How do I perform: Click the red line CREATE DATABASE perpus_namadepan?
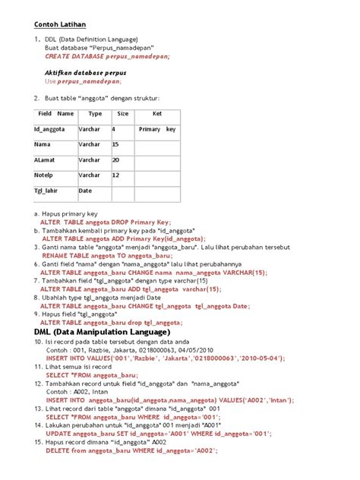tap(107, 56)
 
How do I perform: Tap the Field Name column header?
tap(55, 114)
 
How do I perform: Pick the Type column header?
tap(95, 114)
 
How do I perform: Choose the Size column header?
tap(122, 114)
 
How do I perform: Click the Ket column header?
tap(157, 114)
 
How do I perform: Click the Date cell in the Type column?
tap(85, 191)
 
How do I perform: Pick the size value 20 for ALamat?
tap(116, 160)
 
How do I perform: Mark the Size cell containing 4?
tap(114, 129)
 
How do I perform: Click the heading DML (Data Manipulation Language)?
tap(103, 332)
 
